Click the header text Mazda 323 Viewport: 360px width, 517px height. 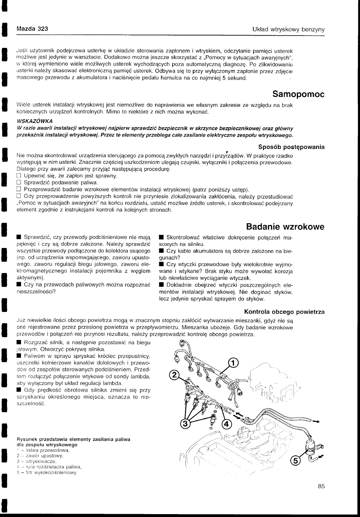click(32, 29)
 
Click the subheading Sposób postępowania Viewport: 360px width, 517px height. click(291, 146)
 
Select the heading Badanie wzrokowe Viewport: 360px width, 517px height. click(285, 227)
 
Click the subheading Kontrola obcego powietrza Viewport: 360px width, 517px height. click(284, 311)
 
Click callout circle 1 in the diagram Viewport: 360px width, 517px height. click(233, 363)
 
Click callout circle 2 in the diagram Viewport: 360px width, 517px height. click(175, 375)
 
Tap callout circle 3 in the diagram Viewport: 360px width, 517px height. click(186, 424)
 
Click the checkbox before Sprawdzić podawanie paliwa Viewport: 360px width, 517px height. click(19, 182)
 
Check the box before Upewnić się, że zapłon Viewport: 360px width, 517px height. click(19, 176)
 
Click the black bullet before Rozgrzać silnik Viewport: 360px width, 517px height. click(19, 342)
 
